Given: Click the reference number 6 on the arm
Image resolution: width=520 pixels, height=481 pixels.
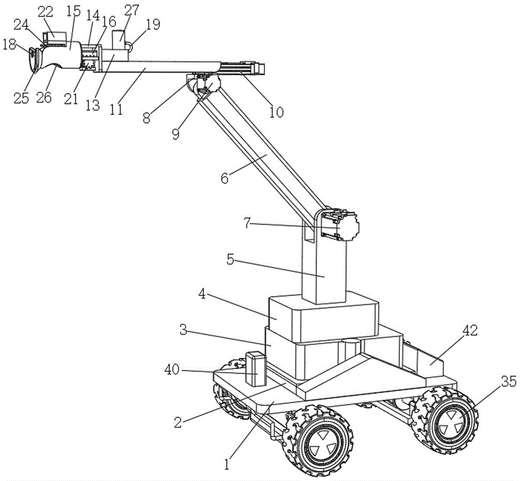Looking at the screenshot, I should (225, 178).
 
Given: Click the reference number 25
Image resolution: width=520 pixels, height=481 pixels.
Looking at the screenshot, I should (21, 97).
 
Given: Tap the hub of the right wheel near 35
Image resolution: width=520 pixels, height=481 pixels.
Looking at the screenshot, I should (448, 420).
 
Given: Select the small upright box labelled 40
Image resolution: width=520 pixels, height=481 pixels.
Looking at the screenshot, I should (255, 369).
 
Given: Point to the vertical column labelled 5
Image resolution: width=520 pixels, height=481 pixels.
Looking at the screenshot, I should (323, 270).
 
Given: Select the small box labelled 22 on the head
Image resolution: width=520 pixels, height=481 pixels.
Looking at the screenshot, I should (55, 37).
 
